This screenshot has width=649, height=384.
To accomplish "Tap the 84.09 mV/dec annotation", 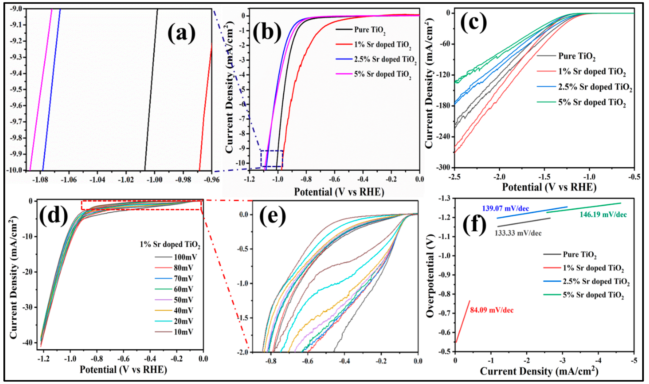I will (491, 310).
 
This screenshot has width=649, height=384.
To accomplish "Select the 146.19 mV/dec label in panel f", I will (603, 215).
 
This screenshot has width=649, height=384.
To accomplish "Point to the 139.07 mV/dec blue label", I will (505, 208).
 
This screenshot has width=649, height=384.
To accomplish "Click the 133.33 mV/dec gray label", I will (518, 233).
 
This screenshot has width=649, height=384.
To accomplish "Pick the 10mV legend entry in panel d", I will (183, 332).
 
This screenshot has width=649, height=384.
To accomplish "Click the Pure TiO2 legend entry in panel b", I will (370, 30).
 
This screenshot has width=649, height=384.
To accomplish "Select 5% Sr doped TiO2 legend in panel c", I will (592, 103).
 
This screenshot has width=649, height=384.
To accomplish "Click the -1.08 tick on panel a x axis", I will (41, 180).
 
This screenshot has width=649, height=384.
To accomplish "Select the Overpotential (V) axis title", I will (430, 276).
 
